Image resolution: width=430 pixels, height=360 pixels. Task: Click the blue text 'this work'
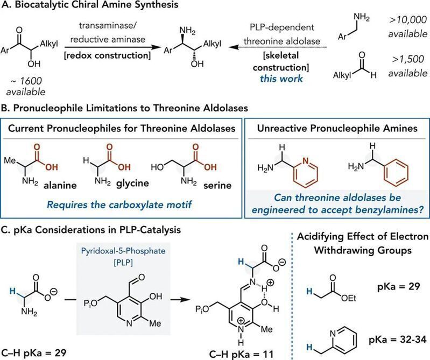point(281,79)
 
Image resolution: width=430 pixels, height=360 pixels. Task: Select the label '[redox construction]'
point(108,55)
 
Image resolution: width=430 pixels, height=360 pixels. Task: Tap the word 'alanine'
point(60,185)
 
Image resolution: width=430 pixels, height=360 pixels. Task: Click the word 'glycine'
point(132,183)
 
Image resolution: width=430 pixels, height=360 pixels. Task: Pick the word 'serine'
point(217,186)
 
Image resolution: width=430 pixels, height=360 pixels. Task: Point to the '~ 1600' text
point(26,81)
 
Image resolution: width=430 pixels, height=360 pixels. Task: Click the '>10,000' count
point(408,20)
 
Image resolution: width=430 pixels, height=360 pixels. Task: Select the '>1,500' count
point(408,59)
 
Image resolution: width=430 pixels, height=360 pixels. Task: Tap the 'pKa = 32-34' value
point(398,340)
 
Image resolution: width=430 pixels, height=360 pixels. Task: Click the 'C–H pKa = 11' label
point(241,355)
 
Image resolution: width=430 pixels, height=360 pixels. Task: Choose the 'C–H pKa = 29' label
point(34,353)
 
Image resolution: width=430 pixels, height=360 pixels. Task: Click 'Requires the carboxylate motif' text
point(119,205)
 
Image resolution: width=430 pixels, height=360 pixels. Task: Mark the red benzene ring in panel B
point(396,173)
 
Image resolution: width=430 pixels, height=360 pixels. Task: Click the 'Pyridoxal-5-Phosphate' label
point(123,251)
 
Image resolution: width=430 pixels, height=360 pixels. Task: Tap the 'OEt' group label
point(349,298)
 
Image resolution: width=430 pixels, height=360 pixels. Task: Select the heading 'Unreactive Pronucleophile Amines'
point(337,128)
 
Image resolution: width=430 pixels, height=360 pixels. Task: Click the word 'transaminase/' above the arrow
point(108,25)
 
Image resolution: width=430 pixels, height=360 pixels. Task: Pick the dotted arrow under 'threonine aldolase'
point(278,47)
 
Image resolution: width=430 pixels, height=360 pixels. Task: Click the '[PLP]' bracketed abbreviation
point(123,263)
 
